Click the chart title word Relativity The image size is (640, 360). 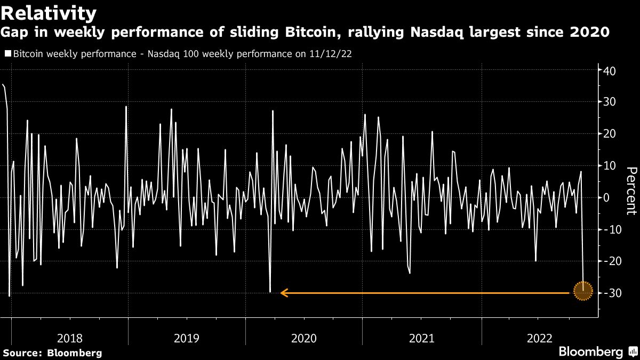tap(50, 12)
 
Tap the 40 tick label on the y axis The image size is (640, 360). tap(611, 70)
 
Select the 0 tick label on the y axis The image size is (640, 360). tap(607, 198)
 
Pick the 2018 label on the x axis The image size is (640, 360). tap(69, 338)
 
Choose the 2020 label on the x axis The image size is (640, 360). tap(304, 338)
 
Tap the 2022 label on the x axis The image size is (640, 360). tap(540, 338)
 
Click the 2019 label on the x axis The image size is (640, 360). tap(187, 338)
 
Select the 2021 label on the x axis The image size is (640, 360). tap(421, 338)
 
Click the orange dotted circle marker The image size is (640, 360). tap(583, 291)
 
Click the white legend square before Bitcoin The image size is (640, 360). tap(7, 54)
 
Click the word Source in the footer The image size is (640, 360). tap(22, 353)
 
